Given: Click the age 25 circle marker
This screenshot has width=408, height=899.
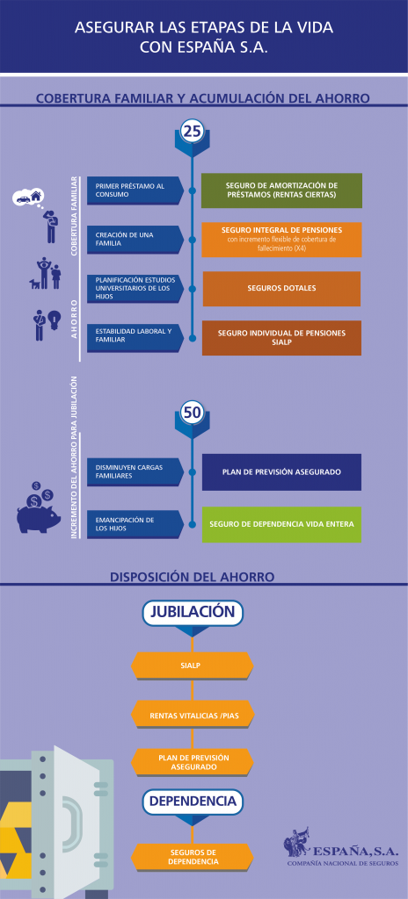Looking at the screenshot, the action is [x=192, y=132].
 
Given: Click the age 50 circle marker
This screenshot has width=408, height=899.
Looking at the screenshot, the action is [x=192, y=413].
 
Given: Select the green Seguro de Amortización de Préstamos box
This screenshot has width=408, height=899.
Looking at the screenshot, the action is [x=281, y=191].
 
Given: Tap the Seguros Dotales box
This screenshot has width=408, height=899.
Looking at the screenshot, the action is [x=281, y=288].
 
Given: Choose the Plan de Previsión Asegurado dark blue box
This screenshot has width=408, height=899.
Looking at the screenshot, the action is [x=281, y=472].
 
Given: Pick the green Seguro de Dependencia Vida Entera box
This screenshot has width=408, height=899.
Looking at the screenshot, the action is [x=281, y=525].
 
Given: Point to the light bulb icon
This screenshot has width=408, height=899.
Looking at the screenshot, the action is [x=54, y=318].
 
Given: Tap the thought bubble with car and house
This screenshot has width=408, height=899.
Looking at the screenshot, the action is [x=27, y=198].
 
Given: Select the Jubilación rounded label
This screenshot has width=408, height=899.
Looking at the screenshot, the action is [x=193, y=612].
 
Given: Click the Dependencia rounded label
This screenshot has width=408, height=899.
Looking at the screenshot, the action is [x=193, y=801].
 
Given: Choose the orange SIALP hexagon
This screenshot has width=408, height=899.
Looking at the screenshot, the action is [x=193, y=665].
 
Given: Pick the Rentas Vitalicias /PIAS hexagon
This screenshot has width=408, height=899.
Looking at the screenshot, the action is [x=193, y=716].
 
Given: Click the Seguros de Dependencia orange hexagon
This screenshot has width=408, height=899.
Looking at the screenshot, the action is [x=193, y=857].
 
